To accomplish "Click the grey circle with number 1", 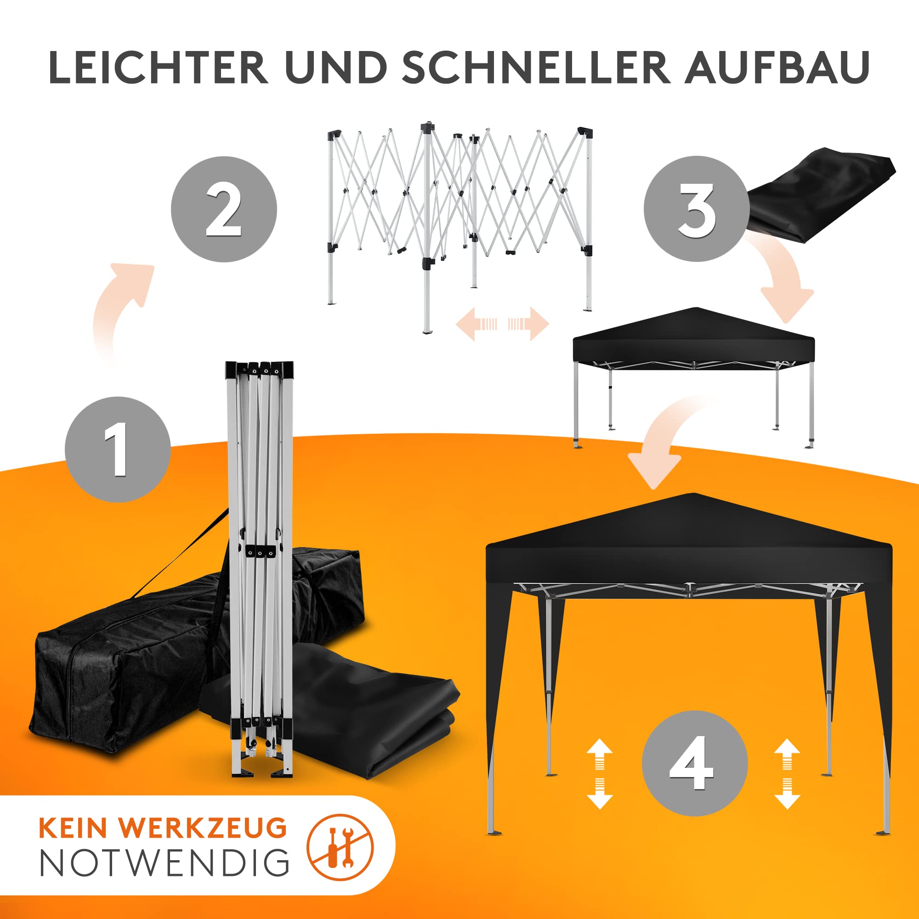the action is pyautogui.click(x=118, y=449).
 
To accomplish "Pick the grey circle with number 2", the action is pyautogui.click(x=224, y=209).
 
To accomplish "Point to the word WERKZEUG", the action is pyautogui.click(x=203, y=828).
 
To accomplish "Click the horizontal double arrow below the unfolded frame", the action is pyautogui.click(x=502, y=324).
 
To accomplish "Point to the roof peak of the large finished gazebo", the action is pyautogui.click(x=693, y=495).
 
